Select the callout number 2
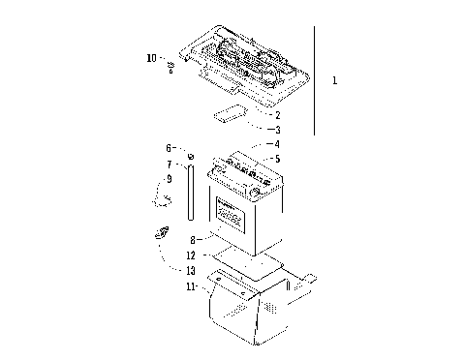276,113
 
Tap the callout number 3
276,129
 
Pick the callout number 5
276,159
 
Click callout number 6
168,148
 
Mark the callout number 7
168,164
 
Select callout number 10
151,58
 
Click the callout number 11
192,286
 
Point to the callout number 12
192,254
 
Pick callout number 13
192,270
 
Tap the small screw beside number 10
171,67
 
